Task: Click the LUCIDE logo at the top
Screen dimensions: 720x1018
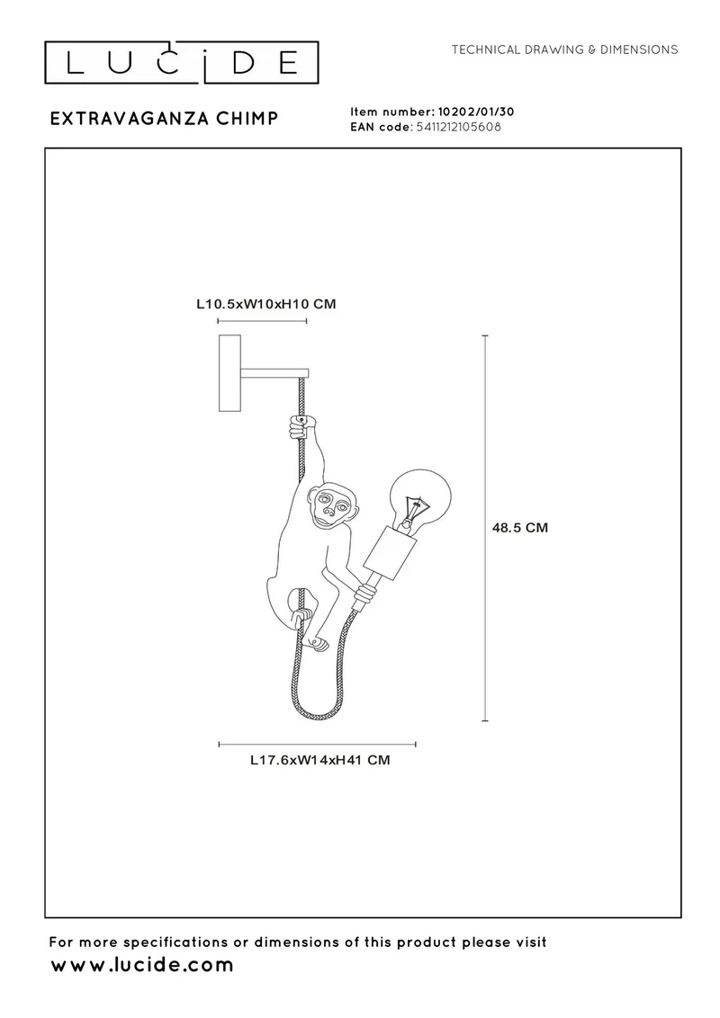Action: [181, 63]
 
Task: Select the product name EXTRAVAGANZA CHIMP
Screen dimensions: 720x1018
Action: [165, 118]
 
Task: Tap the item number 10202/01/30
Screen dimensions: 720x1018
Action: [476, 112]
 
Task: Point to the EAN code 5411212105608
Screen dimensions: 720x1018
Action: [458, 127]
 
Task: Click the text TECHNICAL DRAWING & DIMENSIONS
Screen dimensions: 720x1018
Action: [564, 49]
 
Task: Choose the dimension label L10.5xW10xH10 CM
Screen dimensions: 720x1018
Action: [266, 304]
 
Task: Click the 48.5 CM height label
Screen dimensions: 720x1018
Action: [520, 527]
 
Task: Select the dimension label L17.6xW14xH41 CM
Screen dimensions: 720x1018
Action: [320, 760]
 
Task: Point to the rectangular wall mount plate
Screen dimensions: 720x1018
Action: [229, 372]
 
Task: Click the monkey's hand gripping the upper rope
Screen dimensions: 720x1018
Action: [301, 427]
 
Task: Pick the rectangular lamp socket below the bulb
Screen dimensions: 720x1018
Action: [389, 552]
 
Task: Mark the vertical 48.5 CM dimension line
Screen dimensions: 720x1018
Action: [485, 528]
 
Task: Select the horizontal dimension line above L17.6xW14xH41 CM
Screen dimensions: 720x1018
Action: [317, 745]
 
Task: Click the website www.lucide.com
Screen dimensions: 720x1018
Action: [141, 965]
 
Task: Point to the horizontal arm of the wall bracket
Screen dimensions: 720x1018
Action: [274, 373]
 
